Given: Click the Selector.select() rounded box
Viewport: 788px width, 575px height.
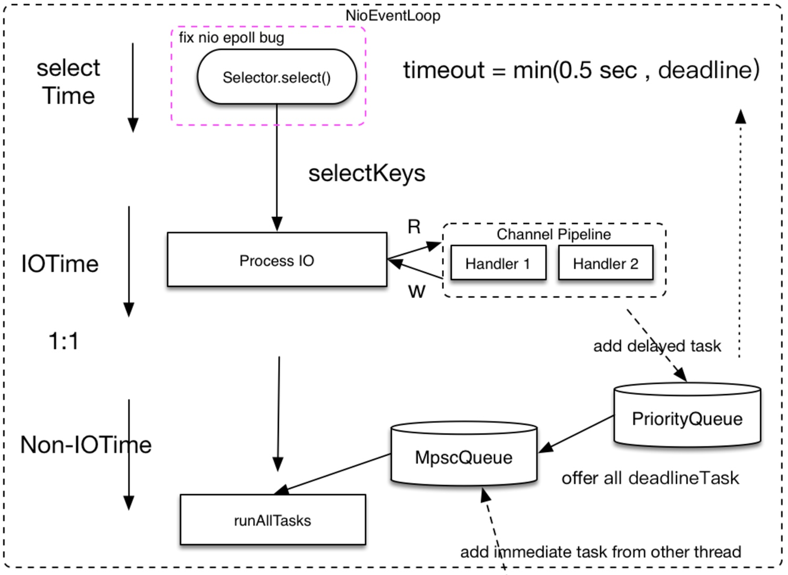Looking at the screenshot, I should point(277,77).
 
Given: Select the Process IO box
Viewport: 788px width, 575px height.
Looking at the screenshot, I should point(277,260).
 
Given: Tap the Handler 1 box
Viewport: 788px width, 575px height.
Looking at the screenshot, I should point(498,263).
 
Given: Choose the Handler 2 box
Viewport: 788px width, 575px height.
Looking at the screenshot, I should point(605,263).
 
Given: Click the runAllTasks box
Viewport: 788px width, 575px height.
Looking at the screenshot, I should point(272,520).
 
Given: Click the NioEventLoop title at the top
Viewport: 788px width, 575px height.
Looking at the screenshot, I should point(392,16).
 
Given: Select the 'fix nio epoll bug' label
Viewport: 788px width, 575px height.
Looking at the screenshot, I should point(231,38).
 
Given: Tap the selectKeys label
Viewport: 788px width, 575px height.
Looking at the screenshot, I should point(367,173).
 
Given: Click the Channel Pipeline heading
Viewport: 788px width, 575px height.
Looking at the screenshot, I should point(553,234).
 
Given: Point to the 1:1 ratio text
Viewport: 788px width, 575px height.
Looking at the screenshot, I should point(64,341).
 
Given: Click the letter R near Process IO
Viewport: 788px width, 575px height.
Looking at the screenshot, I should point(414,227).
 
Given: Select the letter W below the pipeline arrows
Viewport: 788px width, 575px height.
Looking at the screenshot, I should point(417,291).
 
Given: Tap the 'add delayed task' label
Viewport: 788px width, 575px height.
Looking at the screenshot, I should point(657,346).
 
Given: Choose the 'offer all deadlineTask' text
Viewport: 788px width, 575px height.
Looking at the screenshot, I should point(650,478).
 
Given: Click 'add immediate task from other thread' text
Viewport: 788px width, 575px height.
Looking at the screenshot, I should point(600,552).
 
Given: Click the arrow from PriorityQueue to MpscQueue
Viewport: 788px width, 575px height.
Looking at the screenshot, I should point(576,434).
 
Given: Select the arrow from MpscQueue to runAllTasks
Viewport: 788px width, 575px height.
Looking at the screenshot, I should point(333,474).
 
